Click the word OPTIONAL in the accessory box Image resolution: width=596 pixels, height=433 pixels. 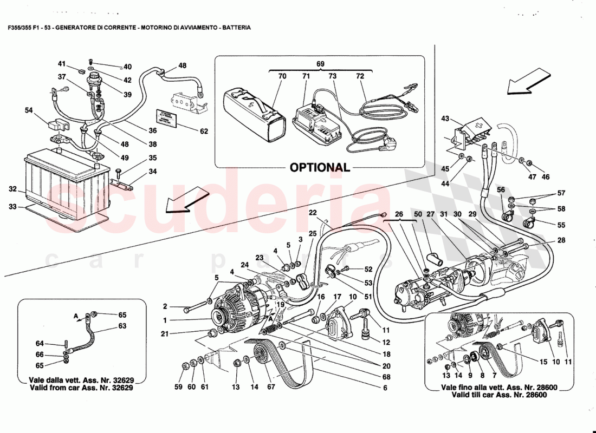click(320, 167)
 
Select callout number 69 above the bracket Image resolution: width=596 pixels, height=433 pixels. click(320, 64)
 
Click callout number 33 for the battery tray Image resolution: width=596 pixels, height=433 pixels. click(13, 206)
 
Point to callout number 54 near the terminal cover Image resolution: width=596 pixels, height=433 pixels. click(29, 110)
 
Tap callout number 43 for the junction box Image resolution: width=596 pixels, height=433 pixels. click(445, 118)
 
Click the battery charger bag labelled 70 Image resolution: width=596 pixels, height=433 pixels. click(252, 114)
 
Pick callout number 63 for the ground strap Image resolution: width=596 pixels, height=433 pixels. click(122, 326)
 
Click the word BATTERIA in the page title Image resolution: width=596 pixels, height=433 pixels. click(236, 27)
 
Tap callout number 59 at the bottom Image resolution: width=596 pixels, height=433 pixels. click(179, 386)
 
